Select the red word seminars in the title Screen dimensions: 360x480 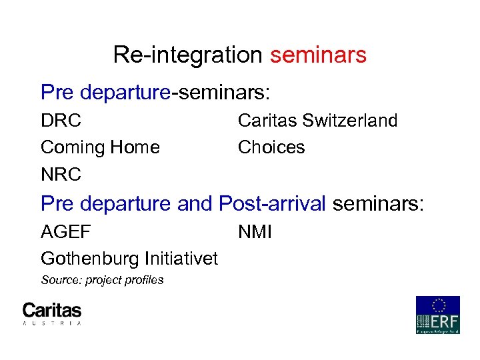click(318, 55)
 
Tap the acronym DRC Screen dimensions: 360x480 click(61, 121)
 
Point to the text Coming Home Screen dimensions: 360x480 click(100, 147)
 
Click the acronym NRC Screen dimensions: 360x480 click(61, 175)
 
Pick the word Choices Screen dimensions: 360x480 click(271, 147)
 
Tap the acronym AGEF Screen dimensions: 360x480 click(66, 232)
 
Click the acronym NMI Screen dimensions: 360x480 click(255, 232)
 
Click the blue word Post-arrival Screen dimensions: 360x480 click(273, 203)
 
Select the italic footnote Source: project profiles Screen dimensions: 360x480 click(102, 280)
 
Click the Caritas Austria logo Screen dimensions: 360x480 click(52, 313)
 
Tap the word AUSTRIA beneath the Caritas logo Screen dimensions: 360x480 click(52, 323)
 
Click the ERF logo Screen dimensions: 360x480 click(437, 315)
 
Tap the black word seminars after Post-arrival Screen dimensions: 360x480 click(377, 203)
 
